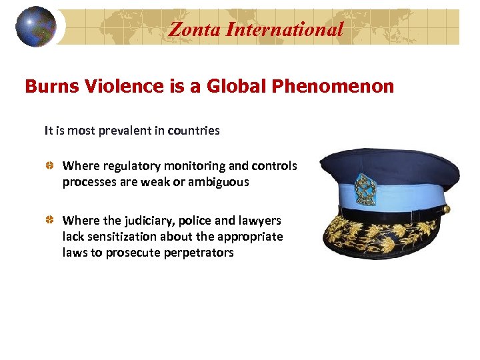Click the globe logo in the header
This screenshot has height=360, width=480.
35,26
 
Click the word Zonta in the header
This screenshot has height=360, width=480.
192,29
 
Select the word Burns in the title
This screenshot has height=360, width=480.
49,87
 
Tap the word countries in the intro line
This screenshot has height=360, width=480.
193,131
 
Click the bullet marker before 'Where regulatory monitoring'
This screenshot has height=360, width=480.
49,166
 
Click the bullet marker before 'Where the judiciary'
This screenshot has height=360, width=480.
49,221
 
